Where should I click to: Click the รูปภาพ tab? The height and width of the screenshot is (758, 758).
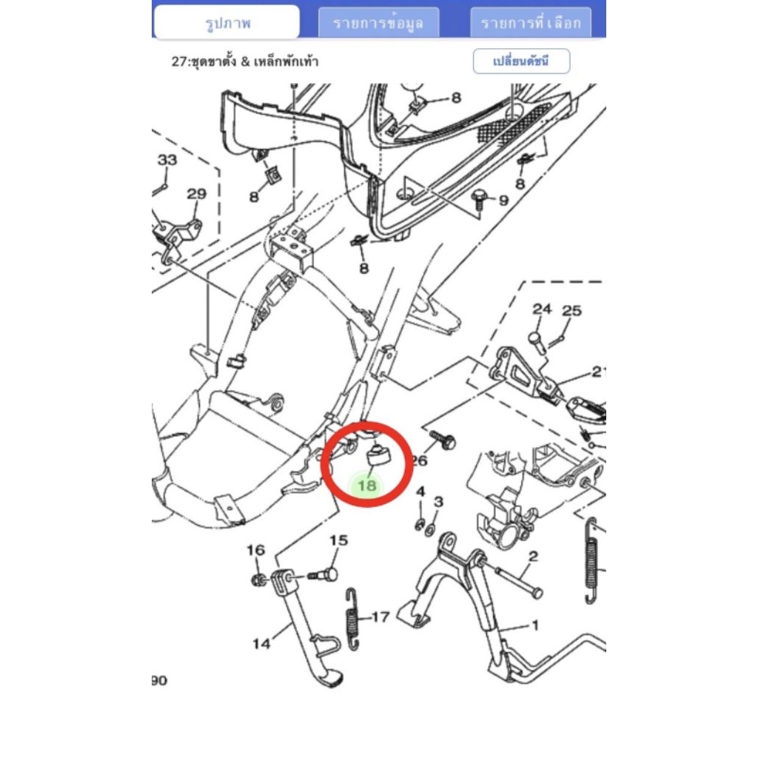pos(227,22)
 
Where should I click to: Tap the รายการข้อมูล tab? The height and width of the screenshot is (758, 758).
pos(378,23)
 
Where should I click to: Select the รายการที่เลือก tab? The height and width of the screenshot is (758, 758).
pos(531,23)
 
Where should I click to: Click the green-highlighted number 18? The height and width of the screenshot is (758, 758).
pos(367,485)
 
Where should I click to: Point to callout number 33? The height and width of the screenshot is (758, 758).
pos(167,160)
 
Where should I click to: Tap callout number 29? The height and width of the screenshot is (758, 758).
pos(196,194)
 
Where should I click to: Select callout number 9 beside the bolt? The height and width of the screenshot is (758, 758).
pos(503,200)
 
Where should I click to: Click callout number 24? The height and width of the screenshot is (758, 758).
pos(542,309)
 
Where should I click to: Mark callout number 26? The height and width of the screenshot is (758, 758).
pos(419,460)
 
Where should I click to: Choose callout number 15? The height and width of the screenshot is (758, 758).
pos(339,540)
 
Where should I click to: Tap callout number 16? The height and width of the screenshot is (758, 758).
pos(255,550)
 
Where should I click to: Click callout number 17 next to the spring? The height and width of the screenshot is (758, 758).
pos(380,617)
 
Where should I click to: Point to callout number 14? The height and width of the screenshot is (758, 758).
pos(261,643)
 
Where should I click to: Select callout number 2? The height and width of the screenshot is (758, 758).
pos(533,557)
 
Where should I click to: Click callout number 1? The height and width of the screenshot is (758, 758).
pos(534,625)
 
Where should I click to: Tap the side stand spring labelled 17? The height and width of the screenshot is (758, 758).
pos(352,620)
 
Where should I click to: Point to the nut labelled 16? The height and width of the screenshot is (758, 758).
pos(258,579)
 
